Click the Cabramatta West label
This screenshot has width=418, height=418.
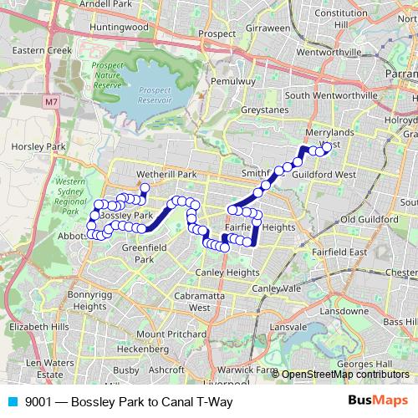tap(200, 301)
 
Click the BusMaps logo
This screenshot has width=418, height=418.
tap(377, 401)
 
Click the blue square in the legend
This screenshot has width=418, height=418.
tap(13, 402)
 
